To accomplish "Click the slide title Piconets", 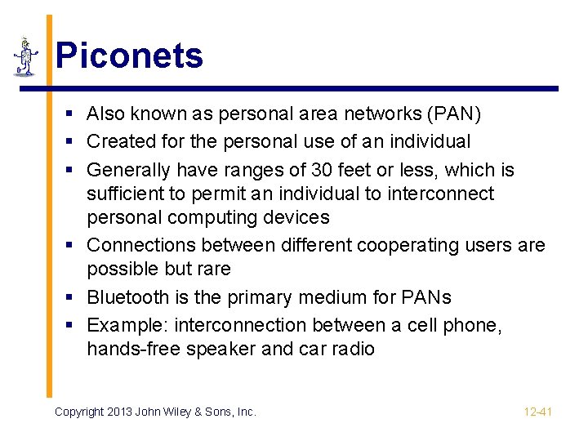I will click(x=129, y=56).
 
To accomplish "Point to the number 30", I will click(x=322, y=170).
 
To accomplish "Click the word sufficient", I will click(x=128, y=194).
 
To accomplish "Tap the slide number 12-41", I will click(x=537, y=412).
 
